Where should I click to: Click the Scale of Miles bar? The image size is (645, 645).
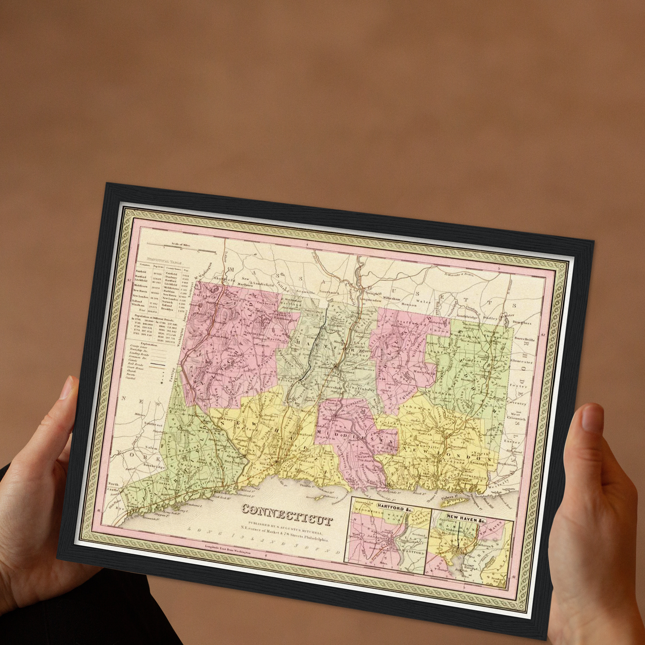pyautogui.click(x=181, y=248)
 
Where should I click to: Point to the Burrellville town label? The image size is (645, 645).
pyautogui.click(x=524, y=340)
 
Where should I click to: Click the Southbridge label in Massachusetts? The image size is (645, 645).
pyautogui.click(x=467, y=316)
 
